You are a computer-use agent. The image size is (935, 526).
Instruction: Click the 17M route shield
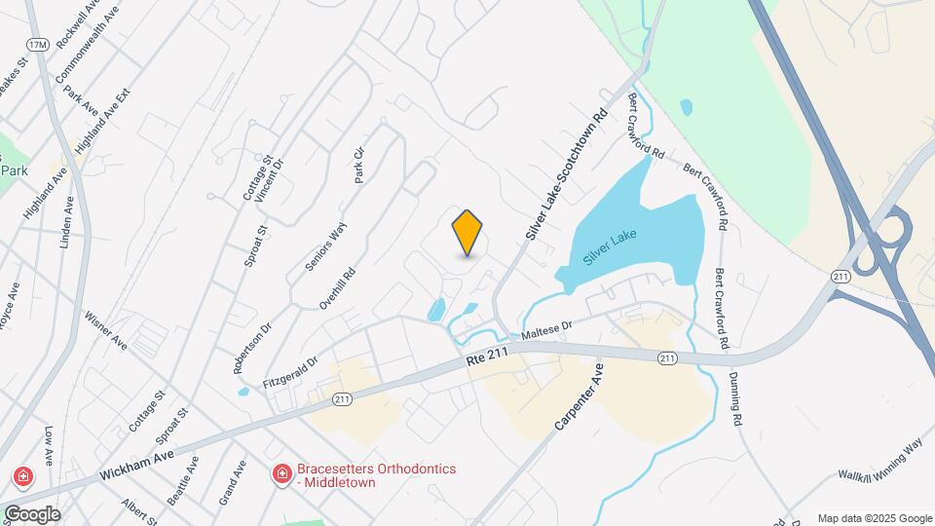[x=38, y=45]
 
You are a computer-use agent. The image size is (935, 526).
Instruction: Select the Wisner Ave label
[x=106, y=331]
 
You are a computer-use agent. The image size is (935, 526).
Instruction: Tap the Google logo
[x=31, y=513]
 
